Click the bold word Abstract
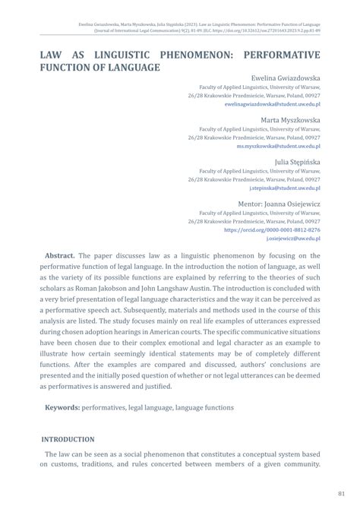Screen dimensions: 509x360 click(59, 257)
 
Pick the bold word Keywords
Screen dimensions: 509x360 click(64, 407)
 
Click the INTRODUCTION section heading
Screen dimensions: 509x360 click(68, 439)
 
